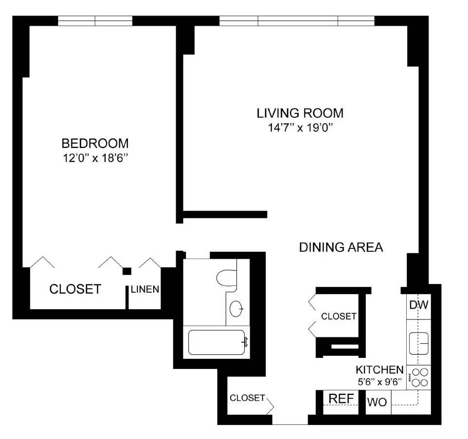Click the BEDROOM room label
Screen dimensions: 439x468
95,143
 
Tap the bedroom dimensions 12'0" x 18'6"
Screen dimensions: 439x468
95,158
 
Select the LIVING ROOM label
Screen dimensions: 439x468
300,113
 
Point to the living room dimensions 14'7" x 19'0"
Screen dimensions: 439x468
300,128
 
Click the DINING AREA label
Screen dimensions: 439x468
341,247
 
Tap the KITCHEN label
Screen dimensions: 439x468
379,369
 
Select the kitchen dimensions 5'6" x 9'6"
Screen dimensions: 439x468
379,382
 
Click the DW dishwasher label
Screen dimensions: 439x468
418,306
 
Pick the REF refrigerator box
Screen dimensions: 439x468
341,399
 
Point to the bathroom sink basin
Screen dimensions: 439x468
236,309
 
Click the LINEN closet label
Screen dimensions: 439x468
144,290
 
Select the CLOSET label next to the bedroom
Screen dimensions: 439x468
75,289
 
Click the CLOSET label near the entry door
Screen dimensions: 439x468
247,398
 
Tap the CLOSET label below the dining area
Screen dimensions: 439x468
339,316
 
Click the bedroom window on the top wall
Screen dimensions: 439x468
95,21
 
